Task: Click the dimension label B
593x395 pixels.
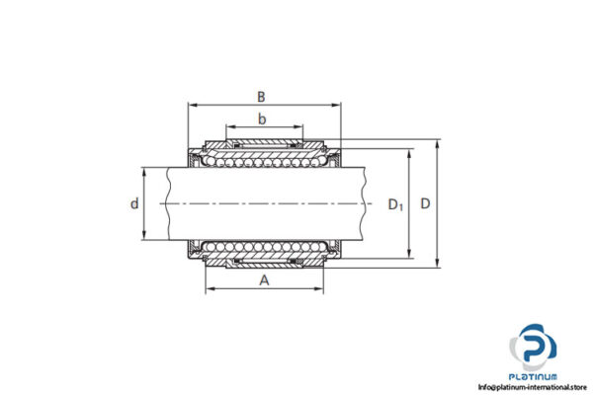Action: [261, 96]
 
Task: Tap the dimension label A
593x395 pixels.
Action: [263, 280]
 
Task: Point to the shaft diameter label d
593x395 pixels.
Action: [134, 204]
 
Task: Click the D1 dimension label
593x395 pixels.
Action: [395, 205]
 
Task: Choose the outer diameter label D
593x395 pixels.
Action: [425, 204]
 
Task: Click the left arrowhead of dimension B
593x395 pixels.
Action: [192, 105]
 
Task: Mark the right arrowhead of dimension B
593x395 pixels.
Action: [337, 105]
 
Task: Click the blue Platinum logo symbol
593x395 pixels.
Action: [534, 347]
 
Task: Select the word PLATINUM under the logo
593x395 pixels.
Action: [535, 376]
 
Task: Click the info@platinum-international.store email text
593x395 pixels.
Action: [535, 387]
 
